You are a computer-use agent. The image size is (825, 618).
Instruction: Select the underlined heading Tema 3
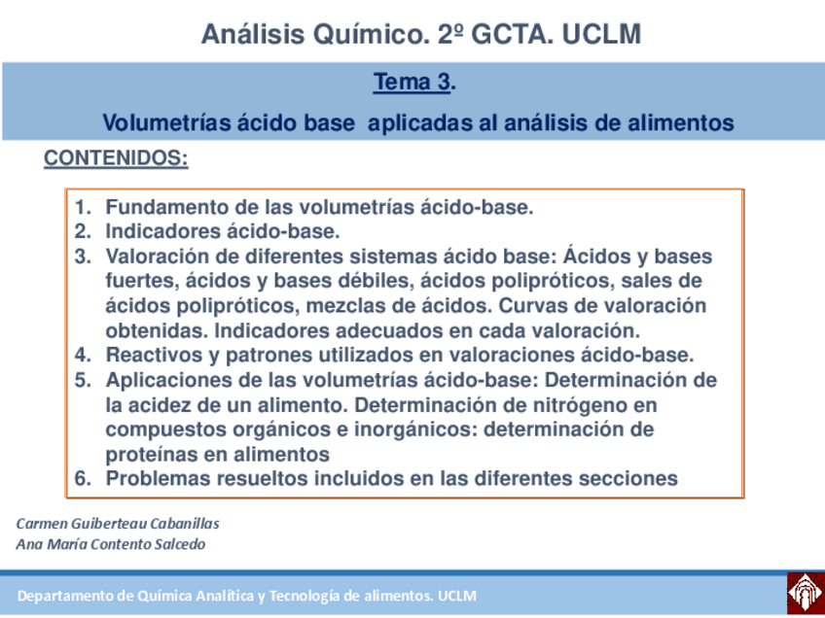pos(412,84)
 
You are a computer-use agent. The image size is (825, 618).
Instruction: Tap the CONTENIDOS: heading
pos(116,158)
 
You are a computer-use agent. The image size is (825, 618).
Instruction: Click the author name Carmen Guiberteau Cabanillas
pos(118,523)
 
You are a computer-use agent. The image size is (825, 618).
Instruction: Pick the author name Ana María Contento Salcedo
pos(111,544)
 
